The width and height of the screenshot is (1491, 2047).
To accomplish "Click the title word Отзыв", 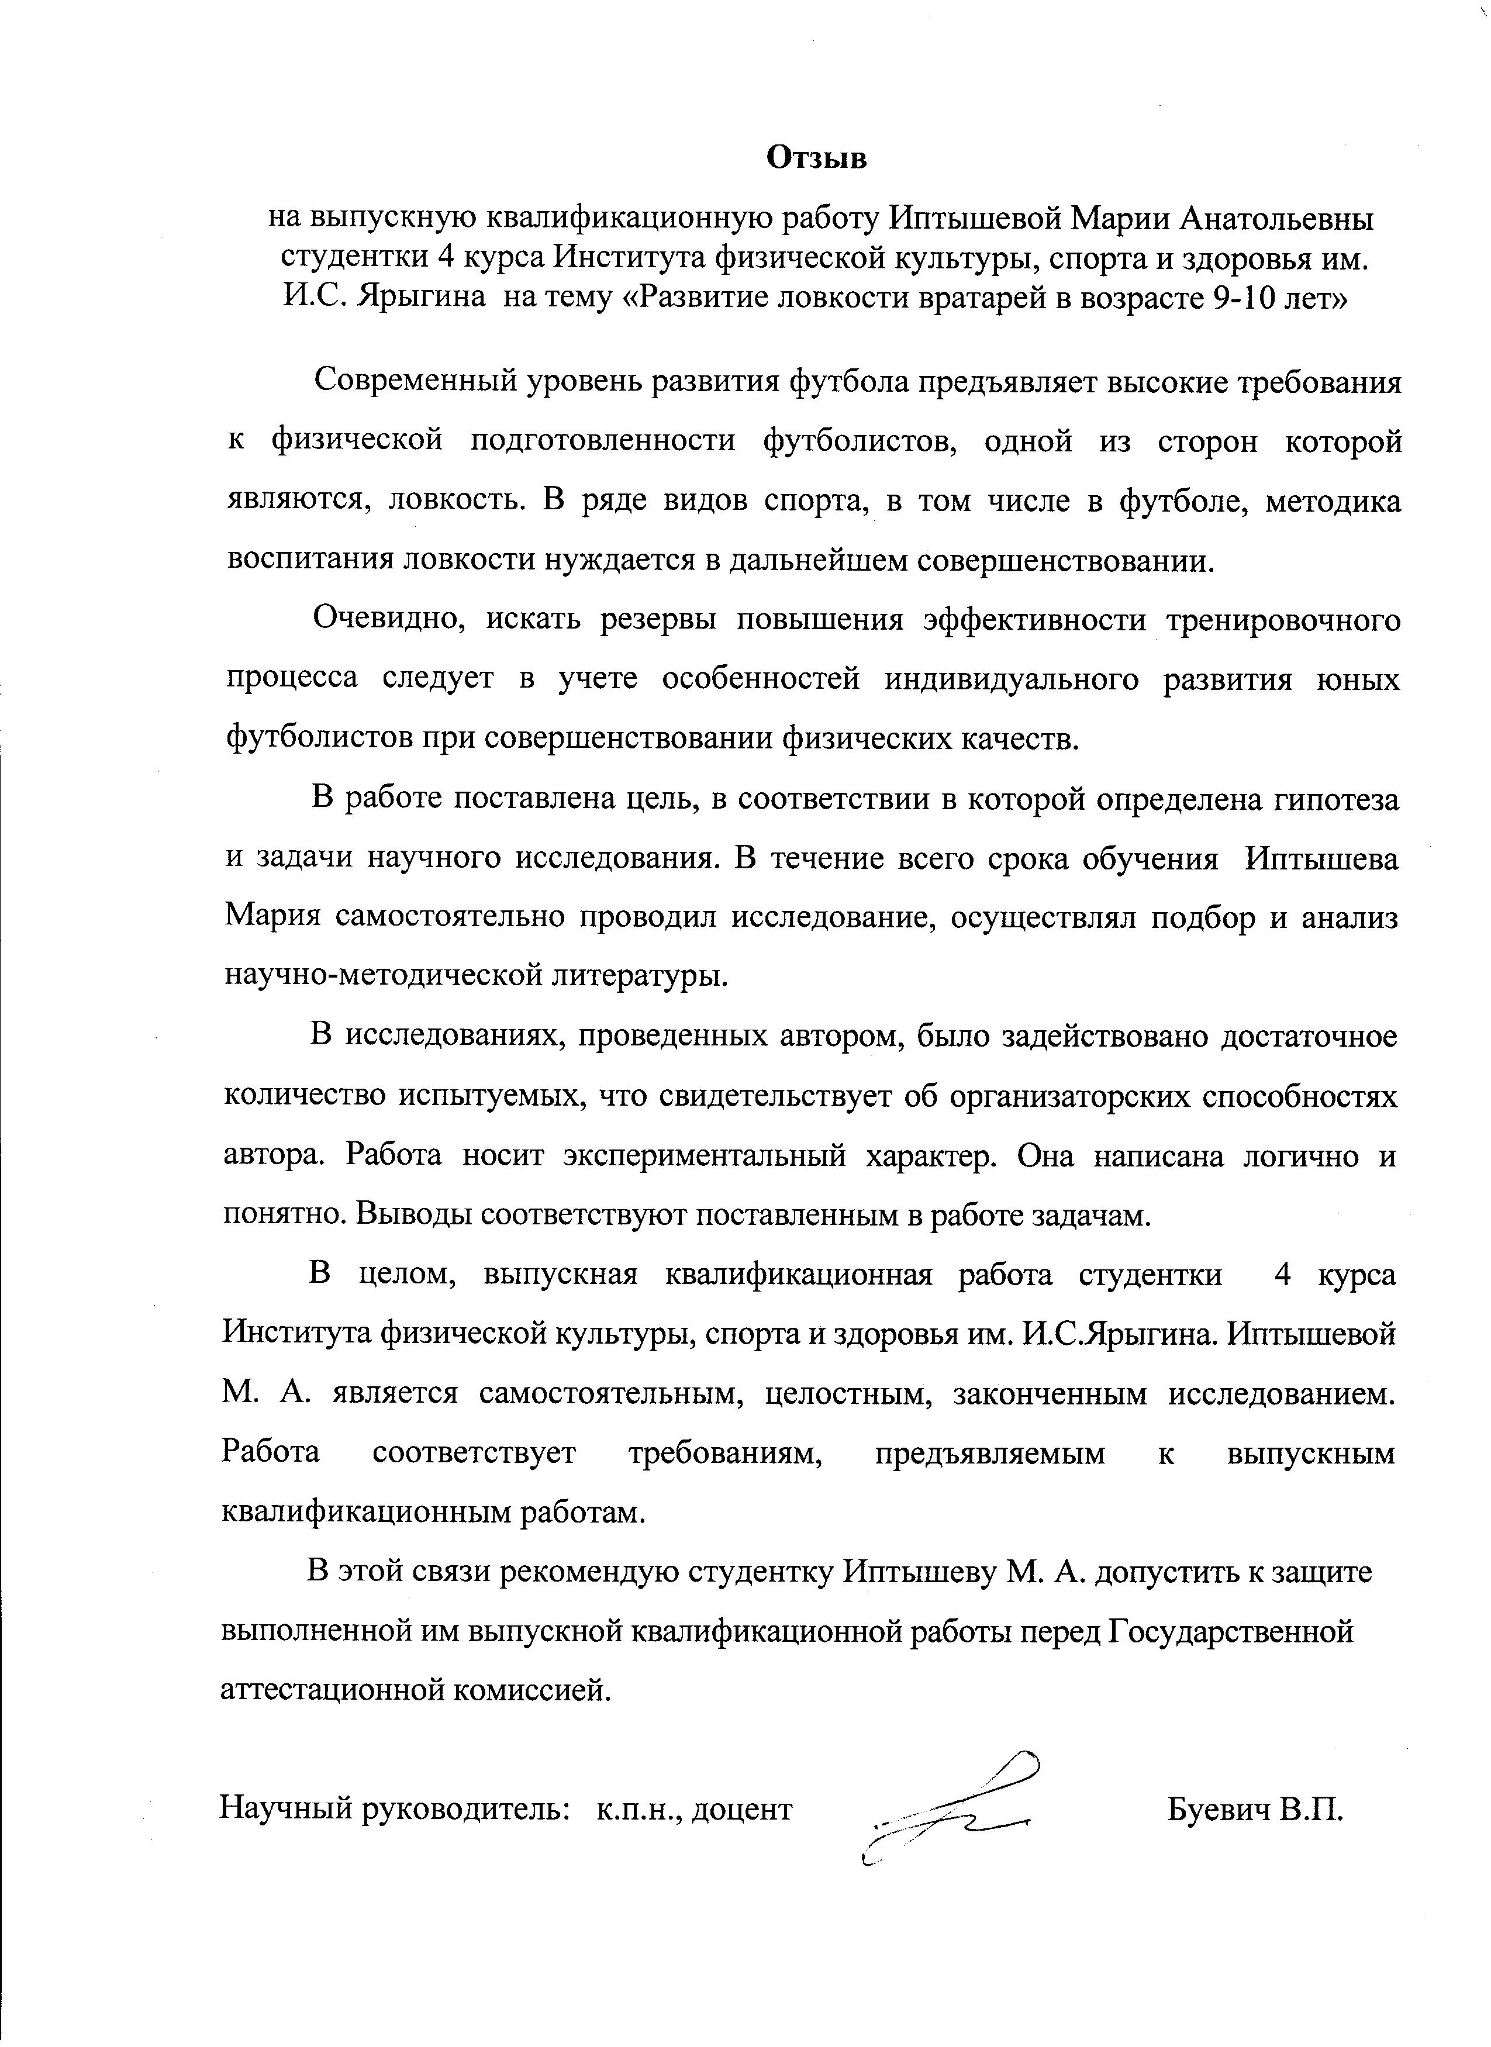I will point(816,158).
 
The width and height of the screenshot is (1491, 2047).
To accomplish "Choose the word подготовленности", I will point(603,442).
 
